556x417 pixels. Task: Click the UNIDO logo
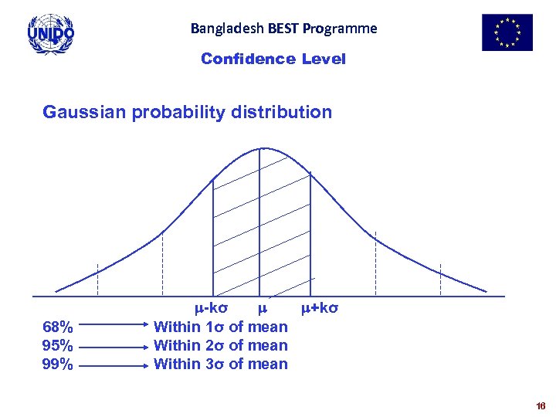(50, 34)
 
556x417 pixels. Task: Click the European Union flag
(507, 32)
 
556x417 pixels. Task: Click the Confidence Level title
(273, 59)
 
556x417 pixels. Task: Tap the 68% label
(58, 327)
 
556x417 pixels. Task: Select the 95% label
(58, 345)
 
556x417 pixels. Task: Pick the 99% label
(58, 364)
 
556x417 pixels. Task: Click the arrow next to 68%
(114, 328)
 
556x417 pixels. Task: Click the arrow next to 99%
(114, 364)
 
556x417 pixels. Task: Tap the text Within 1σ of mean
(221, 327)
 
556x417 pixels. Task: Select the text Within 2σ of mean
(221, 345)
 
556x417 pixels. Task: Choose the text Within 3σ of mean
(221, 364)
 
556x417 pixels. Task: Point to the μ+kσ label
(319, 309)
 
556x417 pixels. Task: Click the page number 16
(540, 405)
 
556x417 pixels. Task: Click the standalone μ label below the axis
(262, 309)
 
